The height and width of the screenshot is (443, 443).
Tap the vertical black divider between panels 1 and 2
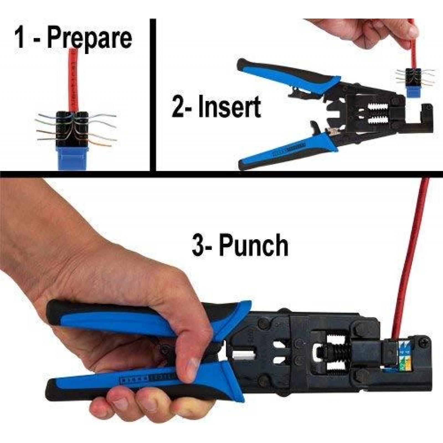(x=153, y=94)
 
